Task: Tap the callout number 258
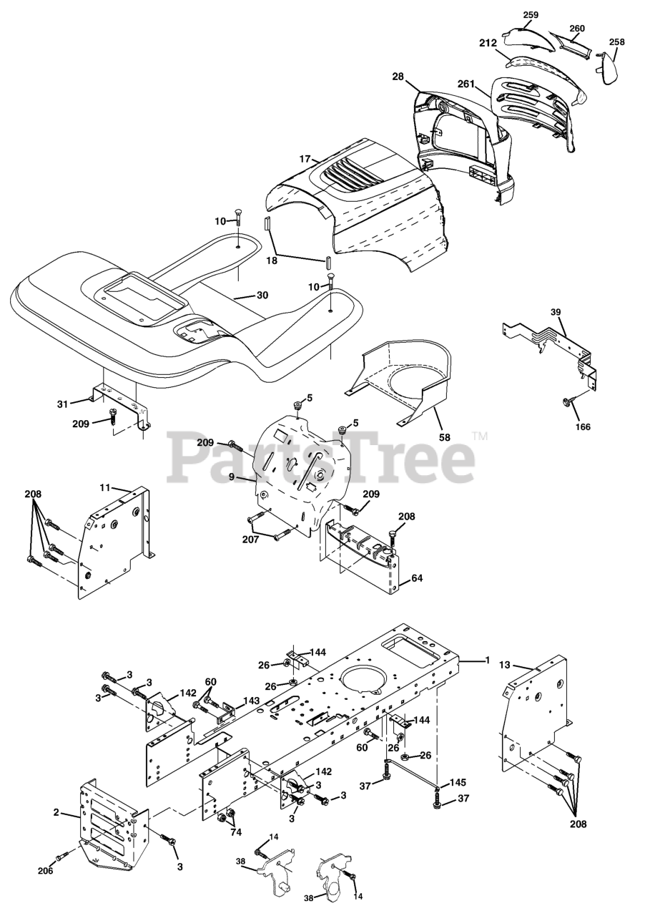(x=616, y=43)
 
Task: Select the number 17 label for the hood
(x=305, y=159)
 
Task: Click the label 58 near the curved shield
(x=445, y=437)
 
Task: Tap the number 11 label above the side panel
(x=105, y=488)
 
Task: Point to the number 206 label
(x=44, y=870)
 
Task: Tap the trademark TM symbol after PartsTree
(x=478, y=434)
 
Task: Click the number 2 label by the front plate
(x=56, y=814)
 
